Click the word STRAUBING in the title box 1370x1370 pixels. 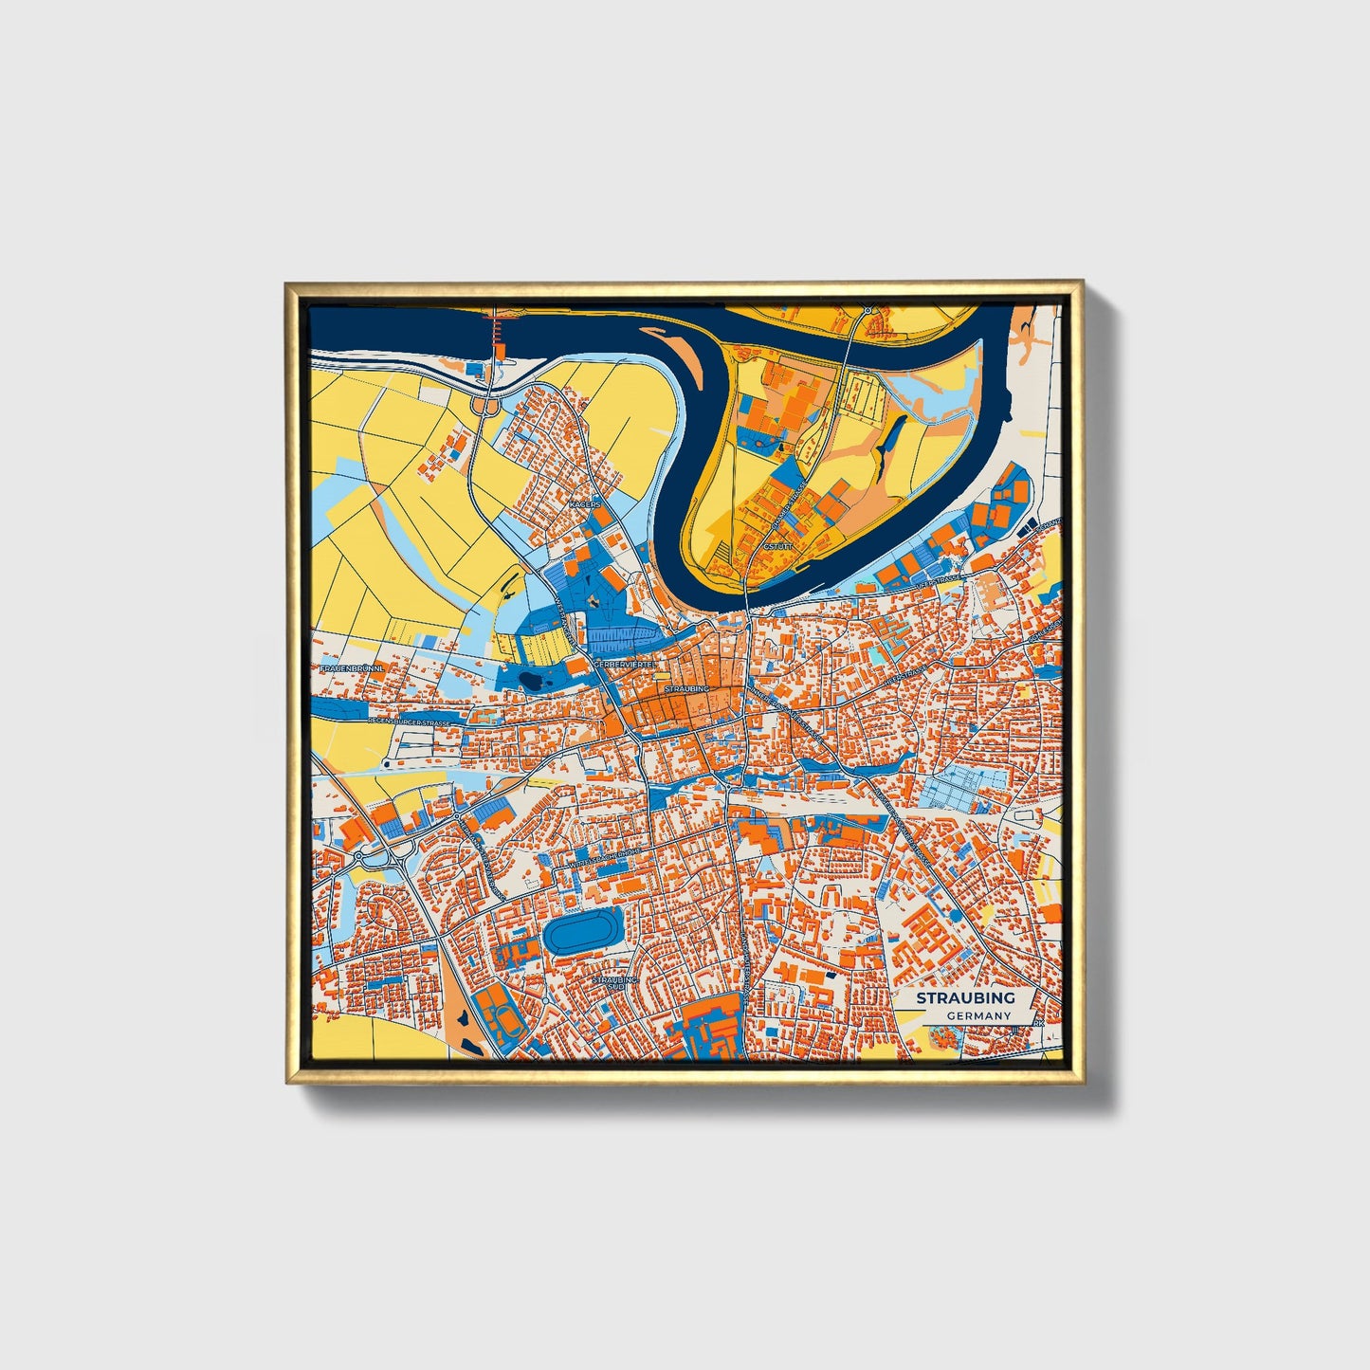pyautogui.click(x=965, y=997)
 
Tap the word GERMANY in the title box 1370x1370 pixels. pyautogui.click(x=977, y=1015)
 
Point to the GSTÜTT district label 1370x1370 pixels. pyautogui.click(x=776, y=547)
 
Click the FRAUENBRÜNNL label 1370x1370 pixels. pyautogui.click(x=352, y=668)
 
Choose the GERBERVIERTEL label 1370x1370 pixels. pyautogui.click(x=625, y=666)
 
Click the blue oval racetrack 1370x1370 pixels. pyautogui.click(x=582, y=931)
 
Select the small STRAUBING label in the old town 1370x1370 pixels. pyautogui.click(x=686, y=688)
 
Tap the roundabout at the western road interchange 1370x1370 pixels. pyautogui.click(x=361, y=855)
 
